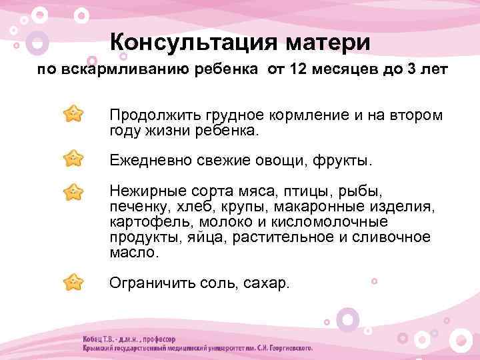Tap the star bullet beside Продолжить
(73, 113)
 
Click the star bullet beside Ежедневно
(73, 159)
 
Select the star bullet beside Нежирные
(73, 192)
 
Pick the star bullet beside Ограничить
(73, 282)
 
